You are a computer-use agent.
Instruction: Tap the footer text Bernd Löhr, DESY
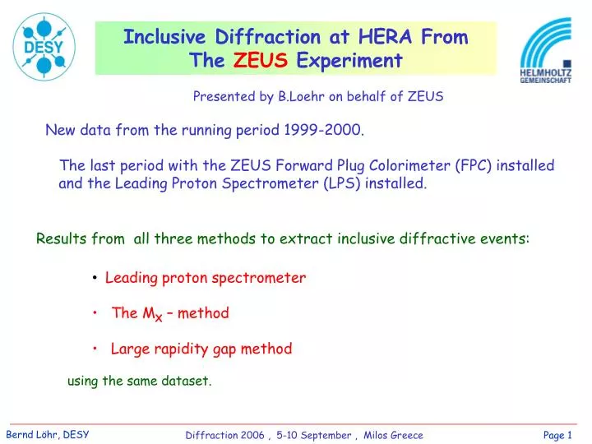(49, 434)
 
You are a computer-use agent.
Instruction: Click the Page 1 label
(557, 435)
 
